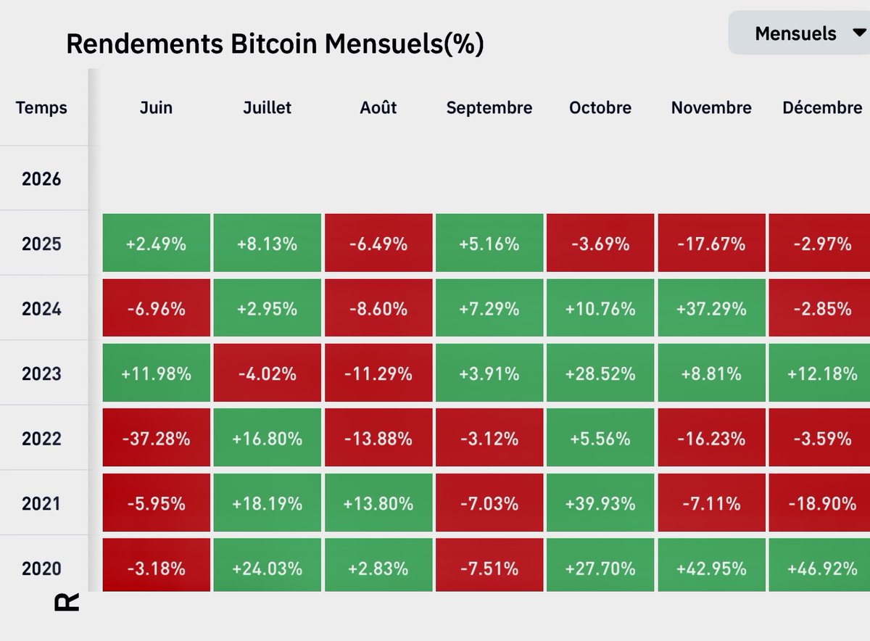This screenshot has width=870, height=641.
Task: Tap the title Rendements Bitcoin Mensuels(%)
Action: tap(275, 44)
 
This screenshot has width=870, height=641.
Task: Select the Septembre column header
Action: tap(489, 108)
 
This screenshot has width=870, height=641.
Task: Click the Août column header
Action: tap(378, 108)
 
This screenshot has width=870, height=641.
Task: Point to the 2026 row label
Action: tap(41, 179)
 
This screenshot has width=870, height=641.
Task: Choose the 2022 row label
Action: tap(41, 439)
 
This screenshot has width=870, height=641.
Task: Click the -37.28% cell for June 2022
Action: tap(157, 439)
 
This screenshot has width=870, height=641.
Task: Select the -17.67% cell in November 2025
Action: tap(711, 244)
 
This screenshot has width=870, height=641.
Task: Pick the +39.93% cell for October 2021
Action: tap(600, 503)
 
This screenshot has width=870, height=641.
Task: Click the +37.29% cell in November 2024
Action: tap(711, 309)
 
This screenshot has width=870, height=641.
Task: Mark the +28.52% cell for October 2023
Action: tap(600, 373)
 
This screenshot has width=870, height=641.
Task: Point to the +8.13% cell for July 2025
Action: tap(268, 244)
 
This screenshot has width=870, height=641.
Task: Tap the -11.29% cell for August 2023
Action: tap(378, 373)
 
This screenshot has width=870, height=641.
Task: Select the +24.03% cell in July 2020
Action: tap(268, 568)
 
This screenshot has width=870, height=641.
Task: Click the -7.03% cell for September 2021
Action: tap(489, 503)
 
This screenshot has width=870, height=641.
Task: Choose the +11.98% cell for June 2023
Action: tap(157, 373)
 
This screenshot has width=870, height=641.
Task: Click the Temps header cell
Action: tap(41, 108)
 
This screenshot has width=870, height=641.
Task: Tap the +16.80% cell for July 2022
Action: tap(268, 439)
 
